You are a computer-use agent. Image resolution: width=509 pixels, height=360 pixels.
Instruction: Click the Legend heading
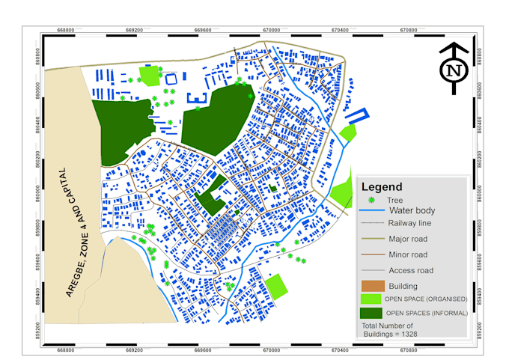pyautogui.click(x=382, y=186)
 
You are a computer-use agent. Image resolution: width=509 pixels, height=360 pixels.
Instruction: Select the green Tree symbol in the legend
pyautogui.click(x=371, y=201)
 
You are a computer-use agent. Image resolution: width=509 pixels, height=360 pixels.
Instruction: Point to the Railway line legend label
pyautogui.click(x=409, y=223)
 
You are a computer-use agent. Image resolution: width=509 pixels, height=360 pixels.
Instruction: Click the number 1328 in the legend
pyautogui.click(x=406, y=333)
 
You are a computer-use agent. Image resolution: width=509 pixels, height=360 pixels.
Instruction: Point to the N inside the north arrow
pyautogui.click(x=453, y=71)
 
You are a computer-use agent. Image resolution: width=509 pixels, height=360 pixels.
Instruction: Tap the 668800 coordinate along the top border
pyautogui.click(x=66, y=31)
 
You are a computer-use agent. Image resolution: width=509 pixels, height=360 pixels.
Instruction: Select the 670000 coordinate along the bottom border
pyautogui.click(x=271, y=349)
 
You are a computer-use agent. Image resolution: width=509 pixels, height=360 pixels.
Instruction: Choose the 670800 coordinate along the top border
pyautogui.click(x=409, y=31)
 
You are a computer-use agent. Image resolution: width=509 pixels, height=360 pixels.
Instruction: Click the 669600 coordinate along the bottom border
pyautogui.click(x=203, y=349)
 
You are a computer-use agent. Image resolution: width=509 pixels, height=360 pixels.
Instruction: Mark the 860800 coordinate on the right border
pyautogui.click(x=478, y=58)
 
